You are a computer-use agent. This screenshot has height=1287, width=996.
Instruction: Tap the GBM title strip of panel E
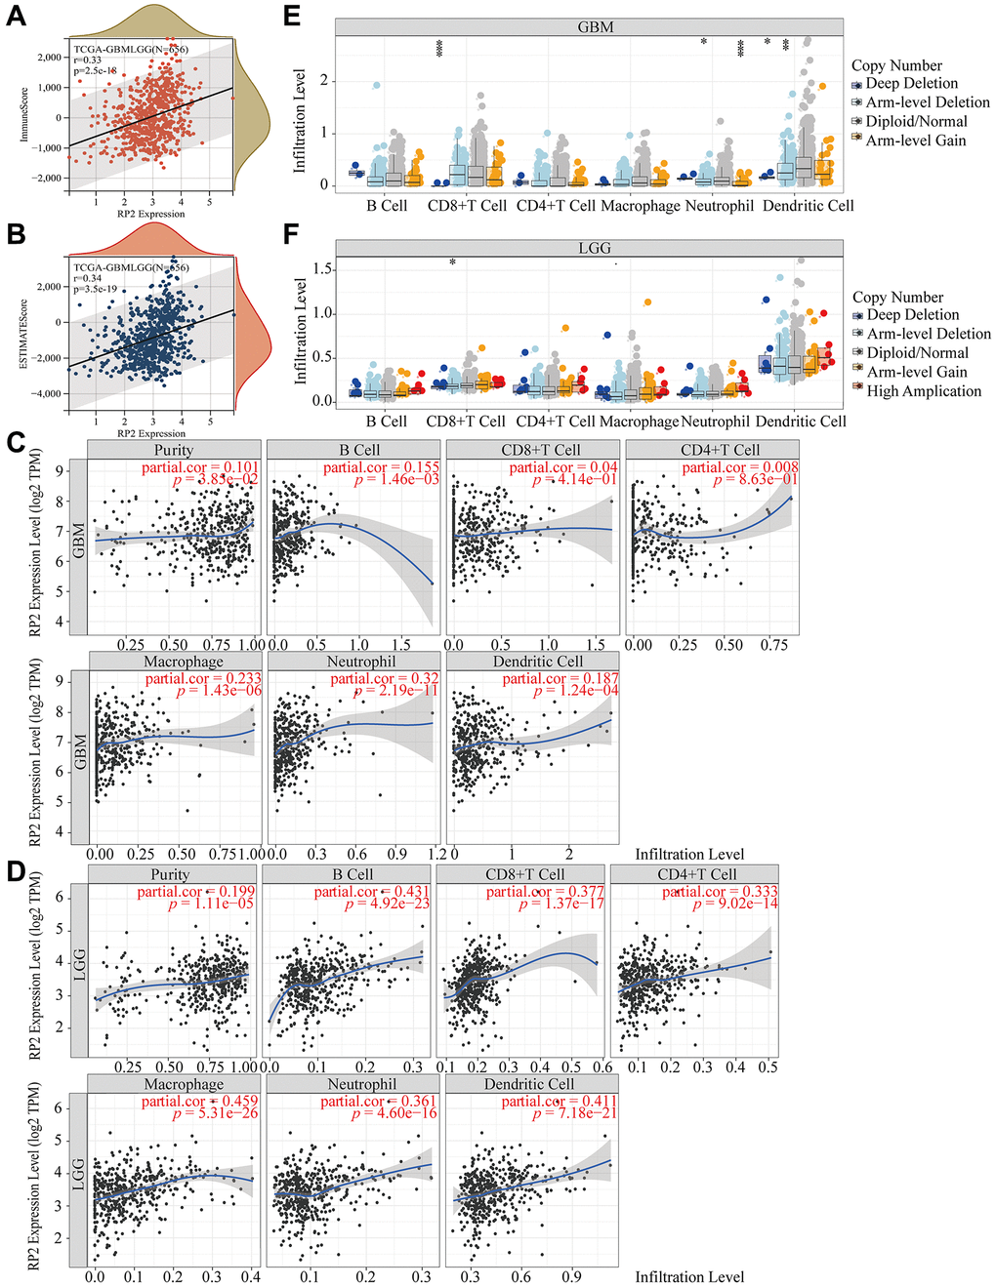tap(595, 26)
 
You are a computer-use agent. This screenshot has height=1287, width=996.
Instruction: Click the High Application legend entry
tap(923, 391)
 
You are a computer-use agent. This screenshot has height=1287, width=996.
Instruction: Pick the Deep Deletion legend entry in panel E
tap(911, 84)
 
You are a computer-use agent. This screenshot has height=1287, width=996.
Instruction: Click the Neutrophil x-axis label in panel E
tap(720, 206)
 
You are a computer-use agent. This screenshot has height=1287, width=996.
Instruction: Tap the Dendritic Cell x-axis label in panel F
tap(801, 422)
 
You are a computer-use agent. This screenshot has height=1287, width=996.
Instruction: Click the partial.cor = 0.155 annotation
tap(382, 467)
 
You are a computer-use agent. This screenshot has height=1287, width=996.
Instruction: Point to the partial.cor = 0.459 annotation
tap(200, 1101)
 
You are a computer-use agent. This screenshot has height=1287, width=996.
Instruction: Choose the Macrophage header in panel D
tap(184, 1084)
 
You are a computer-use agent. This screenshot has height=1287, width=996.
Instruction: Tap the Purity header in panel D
tap(170, 874)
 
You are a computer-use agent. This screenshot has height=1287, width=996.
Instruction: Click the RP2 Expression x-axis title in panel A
tap(150, 214)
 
